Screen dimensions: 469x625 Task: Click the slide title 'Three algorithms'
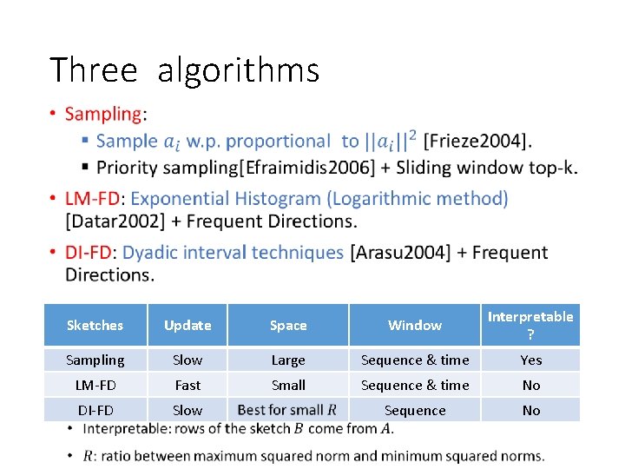[184, 70]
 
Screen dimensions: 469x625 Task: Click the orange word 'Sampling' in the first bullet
[103, 114]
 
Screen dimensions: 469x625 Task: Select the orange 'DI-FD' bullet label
[89, 253]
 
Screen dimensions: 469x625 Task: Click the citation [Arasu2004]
[400, 253]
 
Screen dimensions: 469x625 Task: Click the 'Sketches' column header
[95, 325]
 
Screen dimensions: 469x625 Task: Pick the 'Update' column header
[187, 325]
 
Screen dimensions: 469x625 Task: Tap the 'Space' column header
[288, 325]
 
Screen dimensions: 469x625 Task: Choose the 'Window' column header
[415, 325]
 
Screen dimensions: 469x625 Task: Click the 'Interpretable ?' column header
[530, 325]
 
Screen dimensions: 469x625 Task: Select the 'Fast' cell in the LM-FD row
[187, 385]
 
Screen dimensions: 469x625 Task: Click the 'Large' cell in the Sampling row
[288, 360]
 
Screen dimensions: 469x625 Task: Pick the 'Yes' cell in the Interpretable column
[530, 360]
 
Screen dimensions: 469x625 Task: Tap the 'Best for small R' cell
[287, 410]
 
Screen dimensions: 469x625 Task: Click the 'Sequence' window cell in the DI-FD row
[415, 410]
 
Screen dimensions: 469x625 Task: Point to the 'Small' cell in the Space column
[288, 385]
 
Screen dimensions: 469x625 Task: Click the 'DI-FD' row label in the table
[95, 410]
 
